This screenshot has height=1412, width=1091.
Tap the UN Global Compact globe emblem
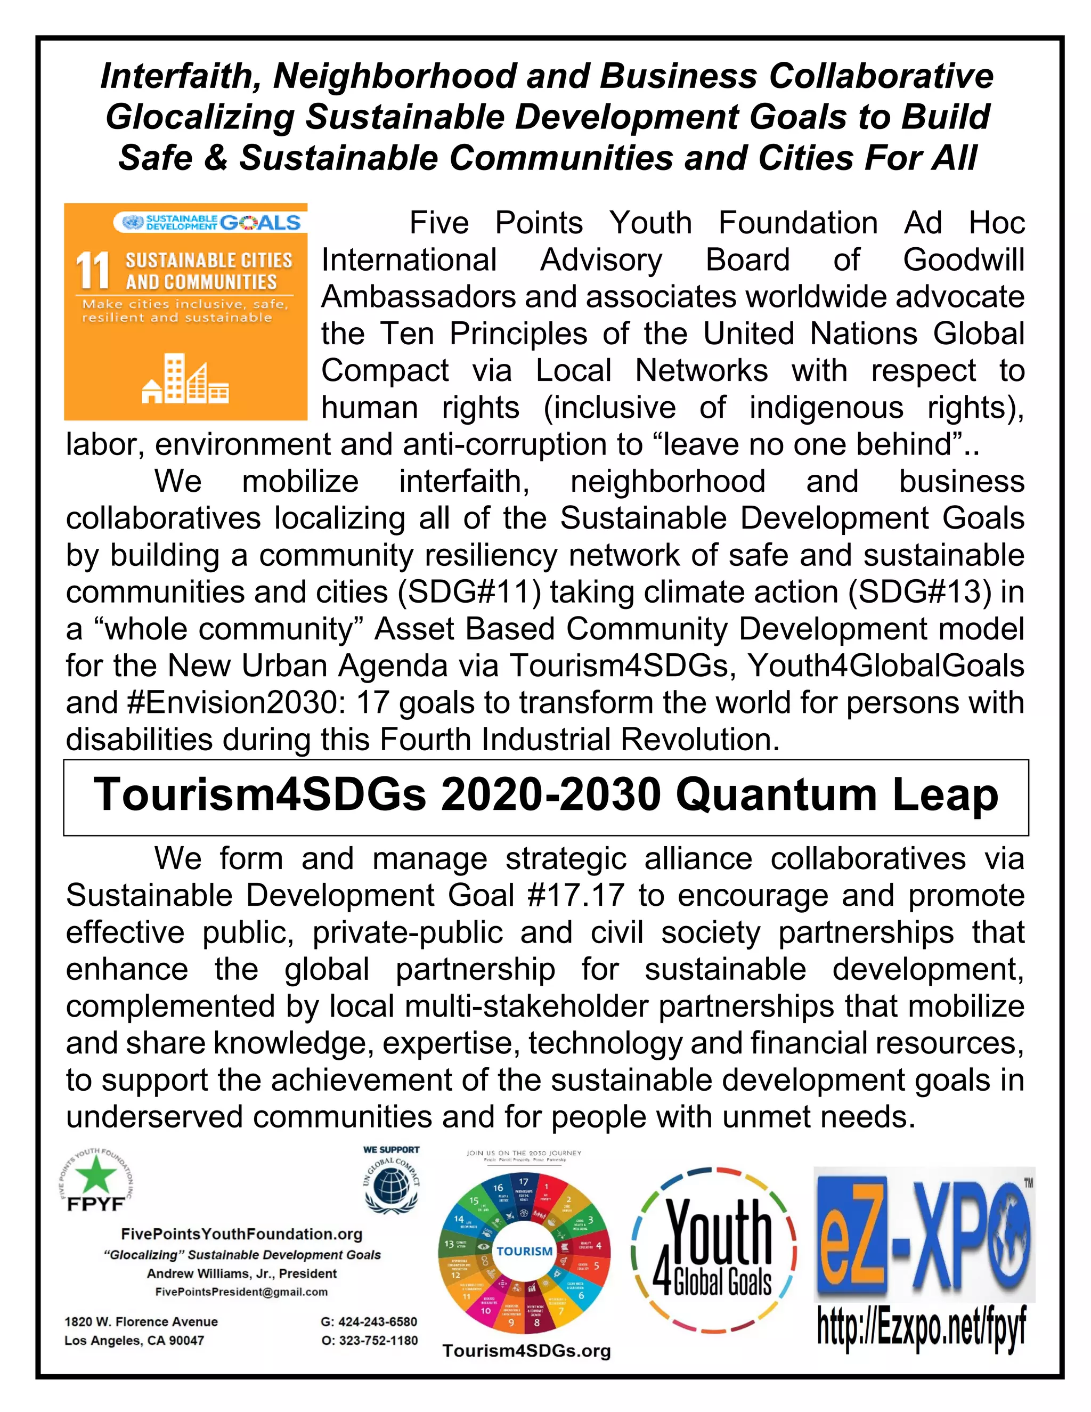390,1188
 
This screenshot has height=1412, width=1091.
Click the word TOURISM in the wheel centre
524,1251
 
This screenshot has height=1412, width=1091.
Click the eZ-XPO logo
924,1235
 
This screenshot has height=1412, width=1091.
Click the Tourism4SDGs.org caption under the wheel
526,1351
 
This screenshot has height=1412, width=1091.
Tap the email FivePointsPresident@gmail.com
242,1292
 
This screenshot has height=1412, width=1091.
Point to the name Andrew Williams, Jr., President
242,1273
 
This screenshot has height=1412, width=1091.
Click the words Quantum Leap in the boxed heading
837,794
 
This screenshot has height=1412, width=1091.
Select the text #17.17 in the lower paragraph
576,896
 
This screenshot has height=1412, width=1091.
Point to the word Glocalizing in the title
200,117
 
